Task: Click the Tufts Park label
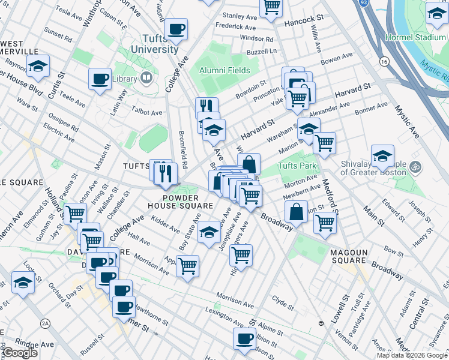pos(296,166)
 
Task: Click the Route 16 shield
pos(383,61)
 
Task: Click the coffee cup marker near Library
pos(100,78)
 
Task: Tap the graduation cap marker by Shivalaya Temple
pos(382,156)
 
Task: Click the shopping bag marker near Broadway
pos(297,211)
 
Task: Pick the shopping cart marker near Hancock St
pos(271,7)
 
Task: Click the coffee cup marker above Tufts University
pos(176,28)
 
